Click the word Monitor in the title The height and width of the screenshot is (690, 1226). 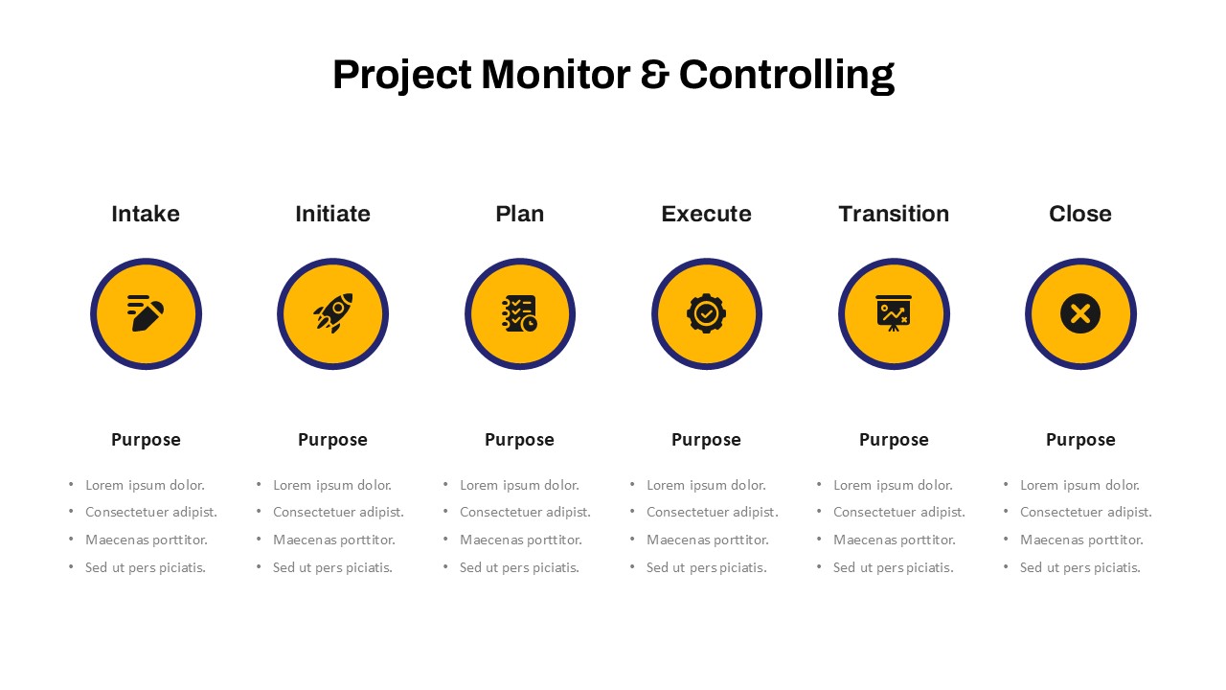556,75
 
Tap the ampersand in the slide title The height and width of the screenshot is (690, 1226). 654,75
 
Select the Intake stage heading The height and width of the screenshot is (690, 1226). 146,214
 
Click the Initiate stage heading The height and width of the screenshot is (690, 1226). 332,214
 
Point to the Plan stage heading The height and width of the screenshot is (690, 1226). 520,214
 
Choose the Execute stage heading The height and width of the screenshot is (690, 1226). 707,214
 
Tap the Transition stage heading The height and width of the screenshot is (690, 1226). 894,214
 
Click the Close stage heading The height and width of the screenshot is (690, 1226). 1080,214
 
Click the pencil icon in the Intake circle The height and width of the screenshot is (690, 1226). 146,313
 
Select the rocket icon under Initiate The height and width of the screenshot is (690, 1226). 332,313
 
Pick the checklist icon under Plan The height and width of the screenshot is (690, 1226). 519,313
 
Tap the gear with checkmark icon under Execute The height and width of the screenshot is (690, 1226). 707,313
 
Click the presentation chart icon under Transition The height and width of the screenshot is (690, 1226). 894,313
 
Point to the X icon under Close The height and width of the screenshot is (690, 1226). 1080,313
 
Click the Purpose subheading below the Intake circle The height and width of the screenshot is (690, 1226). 146,440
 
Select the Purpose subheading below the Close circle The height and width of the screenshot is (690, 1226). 1080,440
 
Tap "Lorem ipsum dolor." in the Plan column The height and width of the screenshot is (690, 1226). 519,485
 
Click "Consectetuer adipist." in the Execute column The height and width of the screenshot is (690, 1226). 712,512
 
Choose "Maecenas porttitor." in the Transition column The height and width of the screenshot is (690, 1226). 895,540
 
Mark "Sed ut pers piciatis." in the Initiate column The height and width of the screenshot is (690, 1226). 332,568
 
